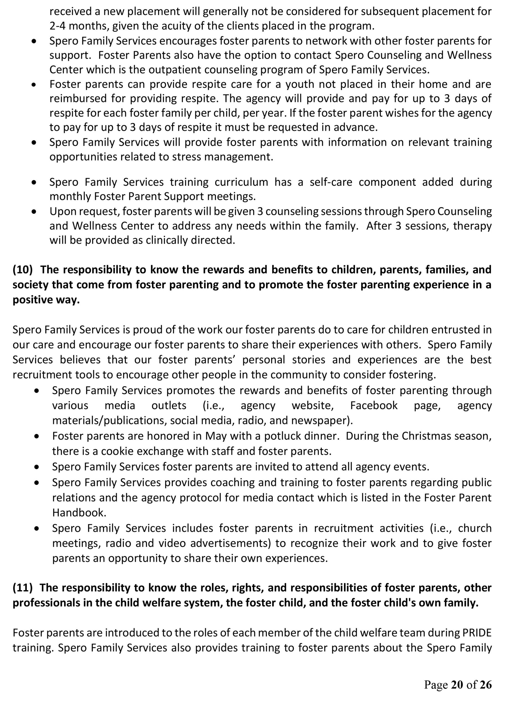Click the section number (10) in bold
coord(22,270)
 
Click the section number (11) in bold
coord(22,588)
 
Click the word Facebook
coord(374,405)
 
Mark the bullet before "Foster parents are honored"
coord(37,436)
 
